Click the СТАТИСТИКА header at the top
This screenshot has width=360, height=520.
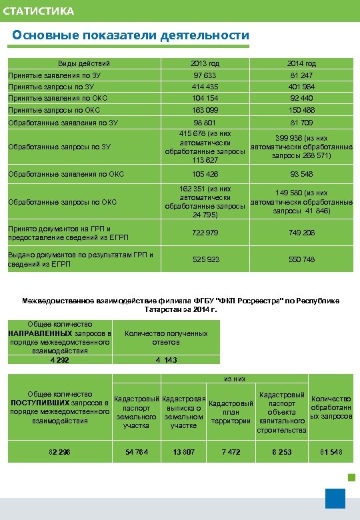[38, 11]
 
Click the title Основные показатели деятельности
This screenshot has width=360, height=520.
[131, 35]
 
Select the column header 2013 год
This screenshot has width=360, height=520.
[205, 63]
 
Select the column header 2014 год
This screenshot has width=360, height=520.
[301, 63]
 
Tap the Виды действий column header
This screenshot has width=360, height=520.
[84, 63]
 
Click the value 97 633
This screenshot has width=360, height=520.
[205, 75]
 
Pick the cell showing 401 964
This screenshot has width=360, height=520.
[301, 87]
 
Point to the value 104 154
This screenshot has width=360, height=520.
[205, 98]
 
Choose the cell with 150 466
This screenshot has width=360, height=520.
[301, 110]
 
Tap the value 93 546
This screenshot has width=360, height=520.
[301, 175]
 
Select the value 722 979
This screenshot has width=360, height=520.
[205, 232]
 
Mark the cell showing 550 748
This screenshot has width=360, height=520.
[301, 259]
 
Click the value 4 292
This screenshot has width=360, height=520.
[59, 360]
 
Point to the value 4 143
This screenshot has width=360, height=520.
[166, 360]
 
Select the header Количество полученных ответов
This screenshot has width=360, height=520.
[166, 337]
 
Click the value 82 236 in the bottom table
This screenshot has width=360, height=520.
[59, 453]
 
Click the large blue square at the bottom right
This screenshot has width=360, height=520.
[335, 498]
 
